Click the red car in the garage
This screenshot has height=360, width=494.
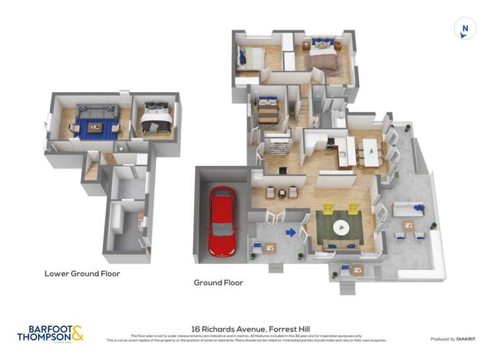[x=222, y=221]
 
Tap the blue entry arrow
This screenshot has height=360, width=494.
[x=290, y=232]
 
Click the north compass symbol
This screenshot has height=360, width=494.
[x=465, y=29]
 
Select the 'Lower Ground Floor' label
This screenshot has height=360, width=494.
[x=82, y=273]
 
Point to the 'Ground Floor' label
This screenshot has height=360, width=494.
[x=218, y=282]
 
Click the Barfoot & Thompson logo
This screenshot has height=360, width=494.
[x=50, y=334]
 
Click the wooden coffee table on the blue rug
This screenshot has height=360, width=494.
[x=95, y=127]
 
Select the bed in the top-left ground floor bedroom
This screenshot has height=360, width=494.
[x=251, y=59]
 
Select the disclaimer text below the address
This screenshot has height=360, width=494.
[x=246, y=338]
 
